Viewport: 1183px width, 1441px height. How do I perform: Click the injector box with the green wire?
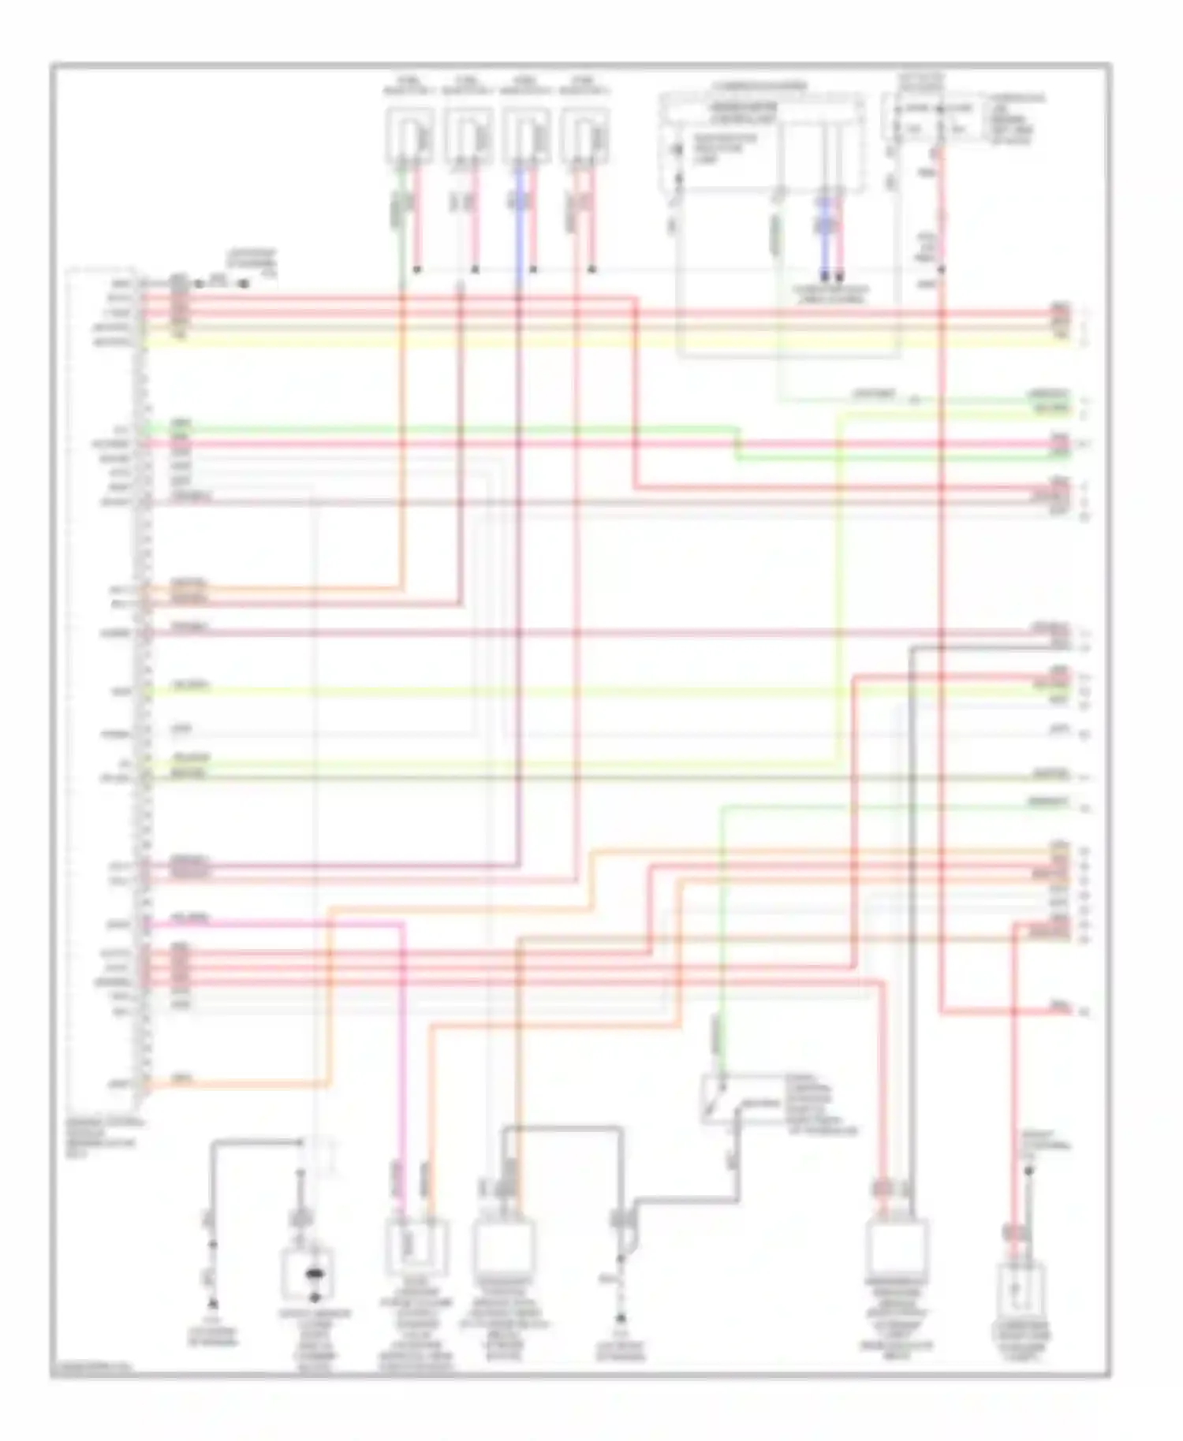[x=409, y=136]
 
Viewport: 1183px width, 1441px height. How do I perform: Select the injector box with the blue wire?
[x=527, y=136]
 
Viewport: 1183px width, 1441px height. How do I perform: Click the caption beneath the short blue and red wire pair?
[x=830, y=295]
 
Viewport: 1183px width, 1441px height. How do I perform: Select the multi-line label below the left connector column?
[x=102, y=1136]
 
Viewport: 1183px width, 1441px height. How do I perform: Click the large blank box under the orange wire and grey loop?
[x=502, y=1247]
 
